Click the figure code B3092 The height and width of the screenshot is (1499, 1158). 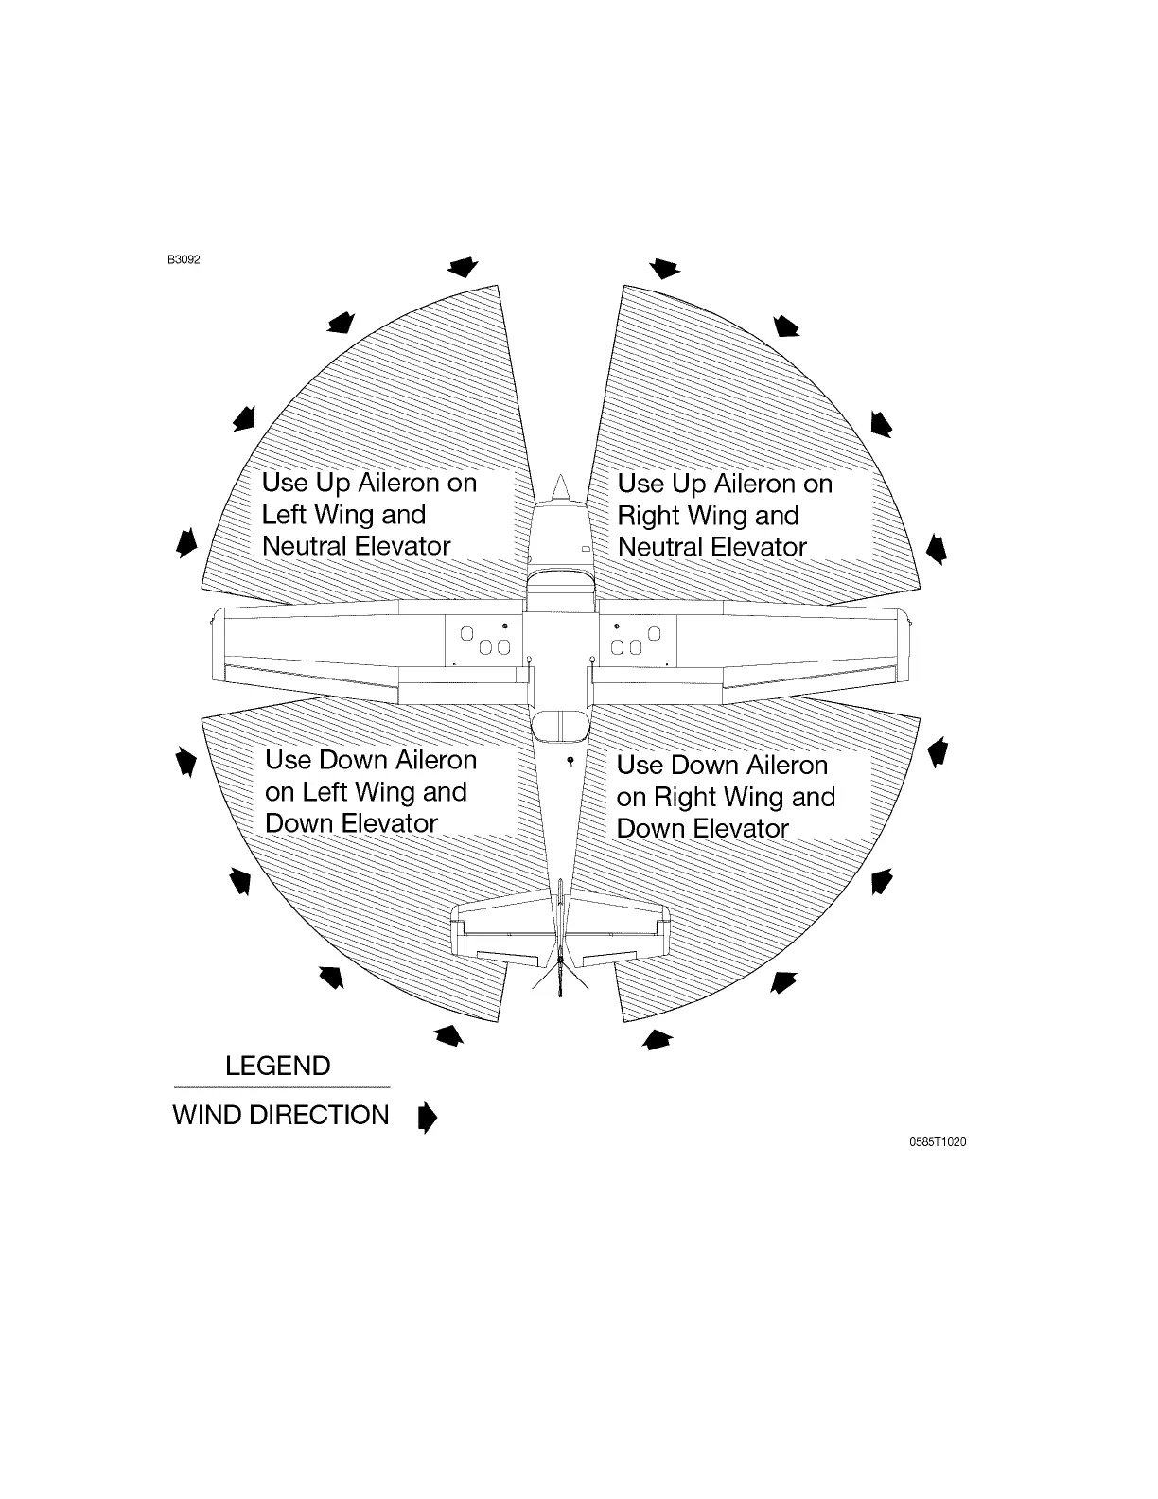pyautogui.click(x=184, y=259)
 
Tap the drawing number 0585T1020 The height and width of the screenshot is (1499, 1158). pyautogui.click(x=938, y=1142)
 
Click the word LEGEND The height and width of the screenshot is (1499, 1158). pyautogui.click(x=278, y=1067)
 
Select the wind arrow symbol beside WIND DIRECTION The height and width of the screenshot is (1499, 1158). pyautogui.click(x=428, y=1117)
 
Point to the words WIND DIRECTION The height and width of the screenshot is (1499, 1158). pyautogui.click(x=281, y=1116)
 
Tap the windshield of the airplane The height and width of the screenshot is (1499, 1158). pyautogui.click(x=560, y=576)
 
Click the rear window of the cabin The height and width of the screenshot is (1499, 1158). pyautogui.click(x=560, y=727)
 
